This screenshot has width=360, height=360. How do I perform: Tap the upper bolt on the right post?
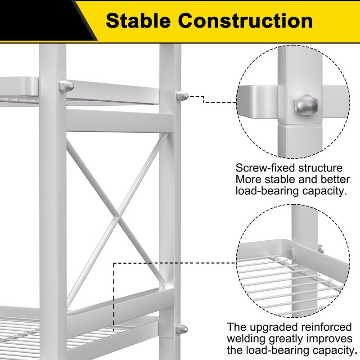183,95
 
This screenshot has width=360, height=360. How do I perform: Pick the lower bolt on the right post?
183,329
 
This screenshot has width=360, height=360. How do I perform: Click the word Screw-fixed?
263,168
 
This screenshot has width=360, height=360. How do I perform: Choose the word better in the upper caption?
335,180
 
